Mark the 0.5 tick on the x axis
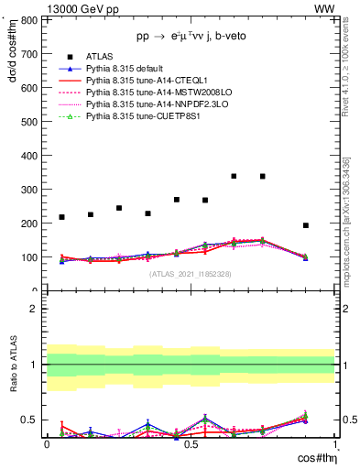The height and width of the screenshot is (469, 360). point(191,444)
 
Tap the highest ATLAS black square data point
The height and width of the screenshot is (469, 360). point(234,176)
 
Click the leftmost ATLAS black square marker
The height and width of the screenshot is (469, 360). point(61,217)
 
